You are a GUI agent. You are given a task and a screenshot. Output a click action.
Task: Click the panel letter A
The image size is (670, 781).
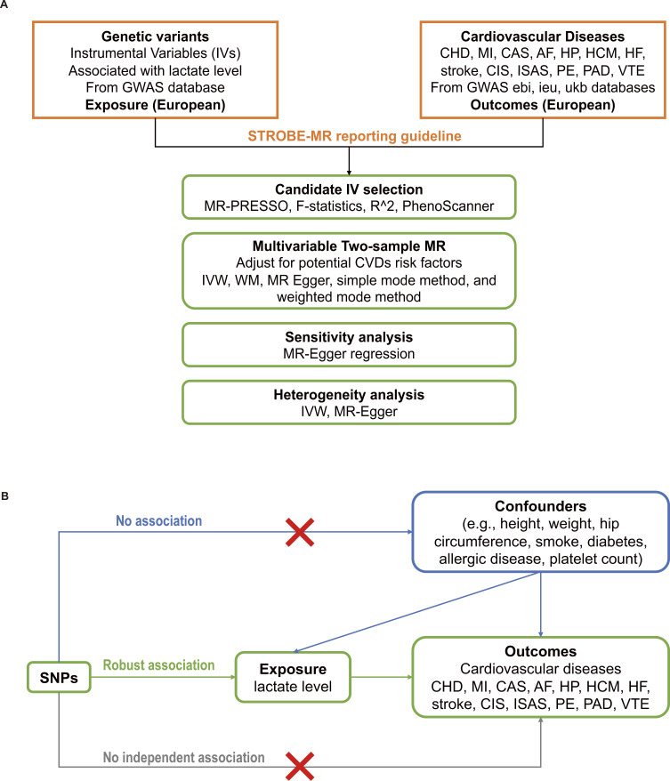(x=7, y=5)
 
